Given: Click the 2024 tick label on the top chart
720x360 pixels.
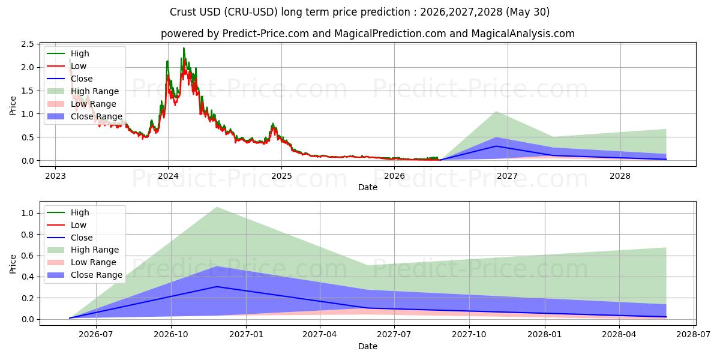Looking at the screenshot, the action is tap(168, 176).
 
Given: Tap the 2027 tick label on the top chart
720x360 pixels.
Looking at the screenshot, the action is tap(507, 176).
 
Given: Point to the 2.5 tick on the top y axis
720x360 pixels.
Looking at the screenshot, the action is tap(28, 44).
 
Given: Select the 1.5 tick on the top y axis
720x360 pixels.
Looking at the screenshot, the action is tap(28, 91).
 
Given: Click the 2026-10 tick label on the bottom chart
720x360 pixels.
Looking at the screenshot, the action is tap(171, 334).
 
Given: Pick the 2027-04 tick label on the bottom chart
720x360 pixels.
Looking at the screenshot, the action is tap(320, 334).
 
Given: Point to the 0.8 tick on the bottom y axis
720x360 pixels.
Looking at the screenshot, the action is tap(28, 235).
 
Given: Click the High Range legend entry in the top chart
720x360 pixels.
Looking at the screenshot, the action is tap(83, 91).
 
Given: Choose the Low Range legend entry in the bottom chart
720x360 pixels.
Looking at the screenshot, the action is tap(82, 262).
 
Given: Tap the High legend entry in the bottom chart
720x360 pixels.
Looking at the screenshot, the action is tap(68, 212).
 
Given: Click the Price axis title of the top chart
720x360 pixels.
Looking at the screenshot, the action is tap(13, 106).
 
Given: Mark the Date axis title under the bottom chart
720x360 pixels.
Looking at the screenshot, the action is tap(368, 346).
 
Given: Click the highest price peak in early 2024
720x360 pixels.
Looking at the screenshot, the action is tap(184, 48).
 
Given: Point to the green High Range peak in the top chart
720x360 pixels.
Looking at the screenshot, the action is tap(496, 112).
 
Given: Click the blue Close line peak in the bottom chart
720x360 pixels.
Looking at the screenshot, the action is tap(217, 286).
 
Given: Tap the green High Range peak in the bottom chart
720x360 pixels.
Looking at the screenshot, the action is tap(217, 207).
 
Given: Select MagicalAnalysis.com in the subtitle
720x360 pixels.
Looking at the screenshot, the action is tap(523, 34).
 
